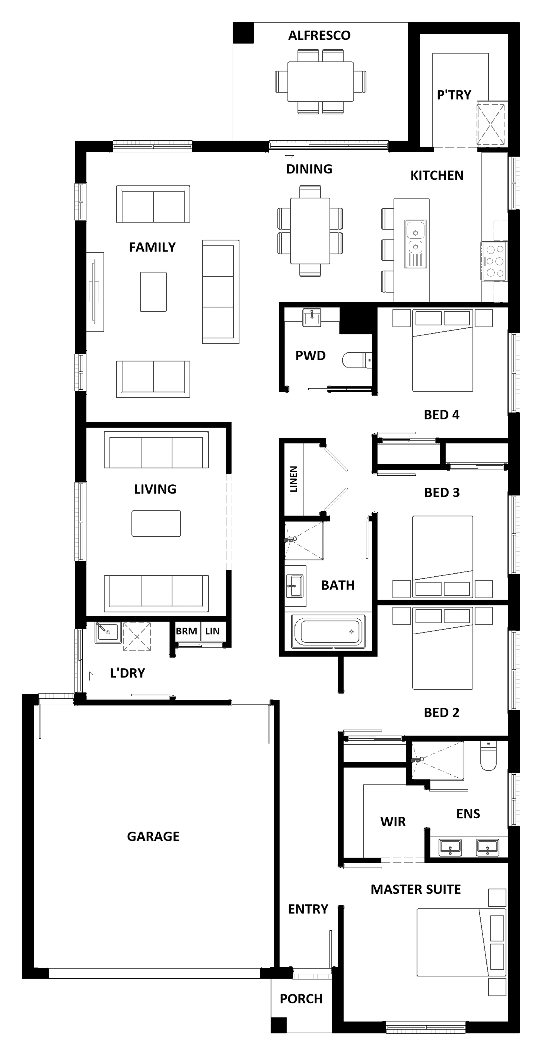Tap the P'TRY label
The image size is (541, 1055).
pyautogui.click(x=454, y=95)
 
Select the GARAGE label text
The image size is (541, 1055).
pyautogui.click(x=153, y=836)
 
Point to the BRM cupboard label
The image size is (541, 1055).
pyautogui.click(x=186, y=631)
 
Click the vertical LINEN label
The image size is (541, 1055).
pyautogui.click(x=294, y=479)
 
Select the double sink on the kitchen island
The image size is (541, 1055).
pyautogui.click(x=416, y=244)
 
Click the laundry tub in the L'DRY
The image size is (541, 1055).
pyautogui.click(x=108, y=632)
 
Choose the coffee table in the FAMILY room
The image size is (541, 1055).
pyautogui.click(x=153, y=291)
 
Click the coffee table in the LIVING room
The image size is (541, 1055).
pyautogui.click(x=156, y=523)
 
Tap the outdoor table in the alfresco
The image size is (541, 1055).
pyautogui.click(x=321, y=81)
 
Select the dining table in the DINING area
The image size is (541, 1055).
pyautogui.click(x=310, y=231)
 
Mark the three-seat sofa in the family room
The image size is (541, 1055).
pyautogui.click(x=221, y=291)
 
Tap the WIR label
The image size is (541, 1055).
pyautogui.click(x=393, y=822)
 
